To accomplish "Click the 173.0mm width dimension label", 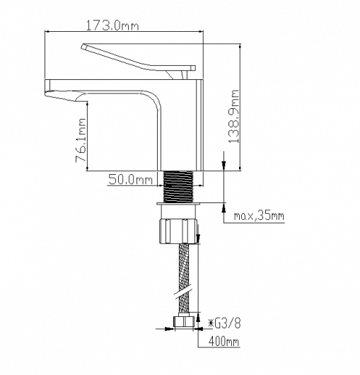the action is [x=112, y=25].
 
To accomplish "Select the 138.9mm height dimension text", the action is [x=234, y=117].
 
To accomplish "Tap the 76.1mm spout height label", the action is [x=81, y=140].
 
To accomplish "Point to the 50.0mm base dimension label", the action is [x=130, y=179].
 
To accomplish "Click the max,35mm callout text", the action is [x=259, y=216].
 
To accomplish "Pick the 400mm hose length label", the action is [x=223, y=341].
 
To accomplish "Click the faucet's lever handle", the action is [x=138, y=60].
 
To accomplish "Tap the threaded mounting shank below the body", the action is [x=178, y=187].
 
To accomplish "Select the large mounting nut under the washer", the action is [x=178, y=231].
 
